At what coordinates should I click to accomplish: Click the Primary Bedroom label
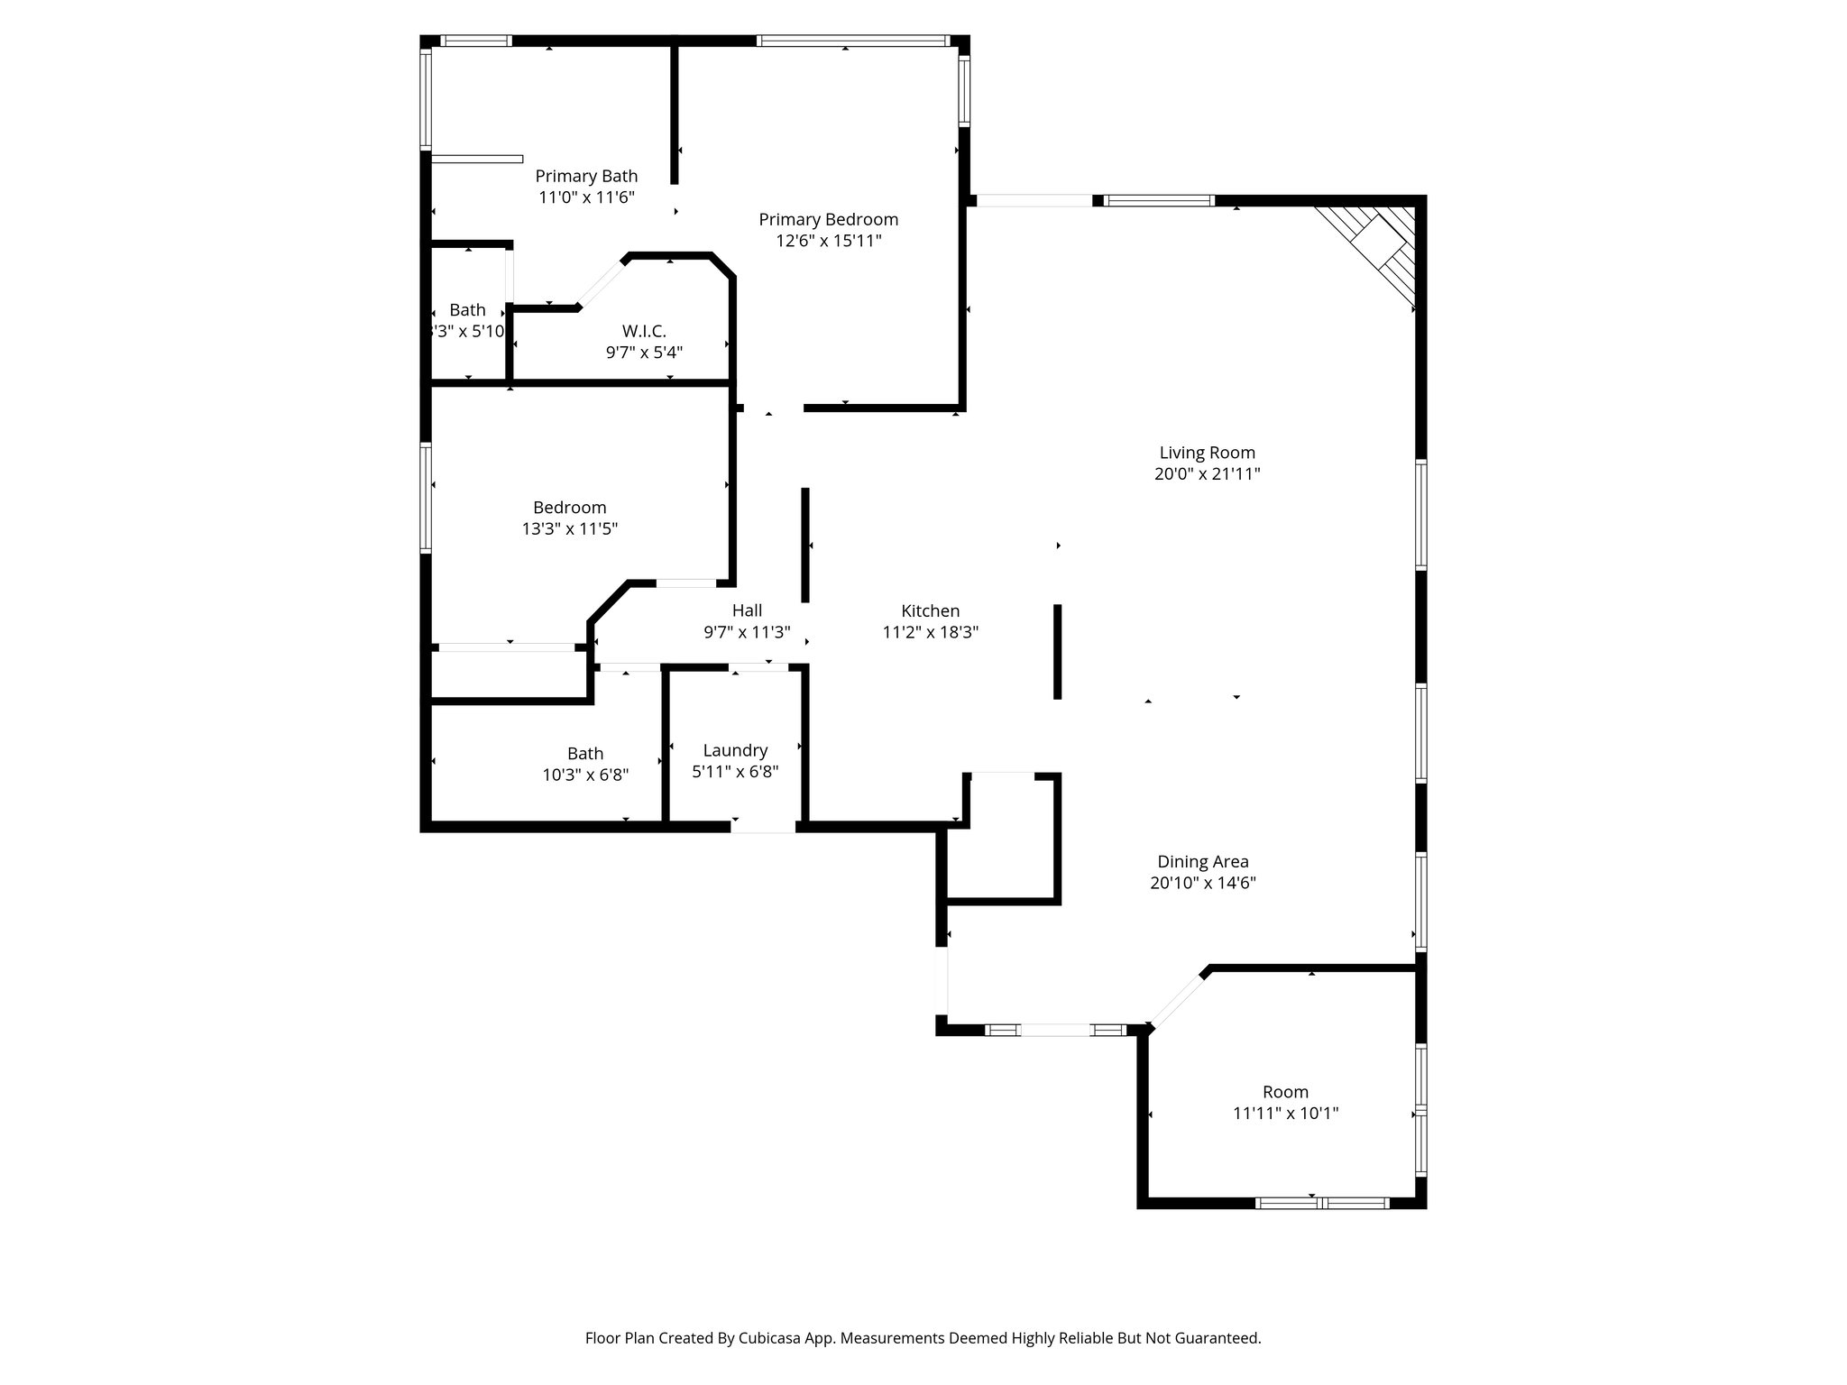point(828,219)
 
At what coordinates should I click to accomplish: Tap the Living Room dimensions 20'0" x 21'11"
point(1207,474)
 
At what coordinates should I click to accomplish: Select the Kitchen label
point(930,610)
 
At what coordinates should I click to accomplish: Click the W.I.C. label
point(644,331)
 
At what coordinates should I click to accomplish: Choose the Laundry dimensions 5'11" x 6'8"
point(734,772)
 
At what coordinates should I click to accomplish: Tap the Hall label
point(747,610)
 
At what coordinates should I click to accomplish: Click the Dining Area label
point(1202,861)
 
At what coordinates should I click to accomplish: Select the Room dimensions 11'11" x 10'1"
point(1284,1114)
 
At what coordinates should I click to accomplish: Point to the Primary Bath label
point(586,176)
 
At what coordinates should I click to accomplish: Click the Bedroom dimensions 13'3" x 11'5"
point(569,529)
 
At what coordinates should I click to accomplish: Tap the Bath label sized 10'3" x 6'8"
point(585,753)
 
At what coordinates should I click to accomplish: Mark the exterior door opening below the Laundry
point(763,826)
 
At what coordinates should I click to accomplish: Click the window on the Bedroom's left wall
point(426,497)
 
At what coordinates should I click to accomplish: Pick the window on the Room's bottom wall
point(1322,1203)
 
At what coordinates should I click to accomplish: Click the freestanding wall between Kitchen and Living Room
point(1057,651)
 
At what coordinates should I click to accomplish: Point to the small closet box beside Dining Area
point(1001,839)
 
